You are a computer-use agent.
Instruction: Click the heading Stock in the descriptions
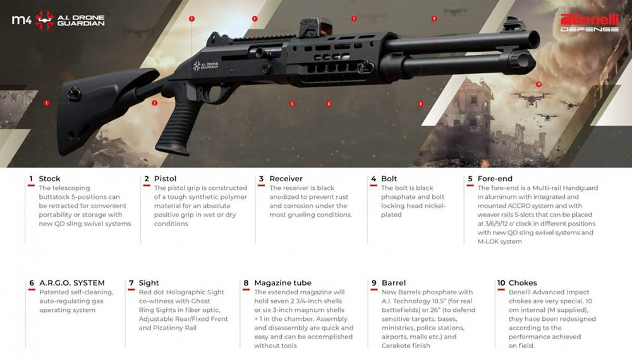pos(49,179)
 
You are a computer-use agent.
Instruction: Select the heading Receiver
pos(286,179)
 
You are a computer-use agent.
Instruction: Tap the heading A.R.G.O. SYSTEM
pos(71,283)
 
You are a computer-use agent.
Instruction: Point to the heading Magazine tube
pos(283,283)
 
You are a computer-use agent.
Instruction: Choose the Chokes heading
pos(523,283)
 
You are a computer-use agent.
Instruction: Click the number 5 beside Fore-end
pos(470,179)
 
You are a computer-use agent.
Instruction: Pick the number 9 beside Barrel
pos(374,283)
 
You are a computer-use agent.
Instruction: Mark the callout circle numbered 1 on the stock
pos(47,102)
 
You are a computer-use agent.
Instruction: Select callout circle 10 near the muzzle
pos(538,84)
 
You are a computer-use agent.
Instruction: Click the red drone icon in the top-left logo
pos(44,20)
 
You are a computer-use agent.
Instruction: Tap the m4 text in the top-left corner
pos(21,20)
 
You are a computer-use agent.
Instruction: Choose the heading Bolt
pos(389,179)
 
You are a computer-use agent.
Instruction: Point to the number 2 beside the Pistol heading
pos(147,179)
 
